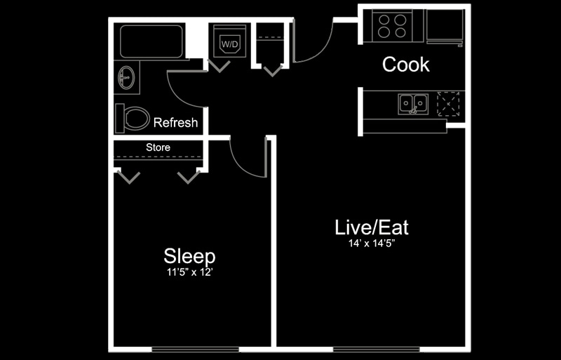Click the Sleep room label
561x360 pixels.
[189, 255]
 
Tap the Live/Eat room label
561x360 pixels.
[371, 227]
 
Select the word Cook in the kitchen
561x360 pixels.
[405, 65]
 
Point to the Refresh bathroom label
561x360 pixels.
[175, 123]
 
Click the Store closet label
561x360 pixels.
[158, 147]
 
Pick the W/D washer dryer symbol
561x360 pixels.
[229, 44]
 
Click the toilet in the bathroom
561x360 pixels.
[133, 117]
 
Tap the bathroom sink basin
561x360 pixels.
[127, 78]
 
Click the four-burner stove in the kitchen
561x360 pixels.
[393, 26]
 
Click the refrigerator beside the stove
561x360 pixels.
[445, 27]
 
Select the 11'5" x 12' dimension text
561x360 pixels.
[185, 271]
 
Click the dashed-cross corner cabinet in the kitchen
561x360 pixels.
[449, 103]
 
